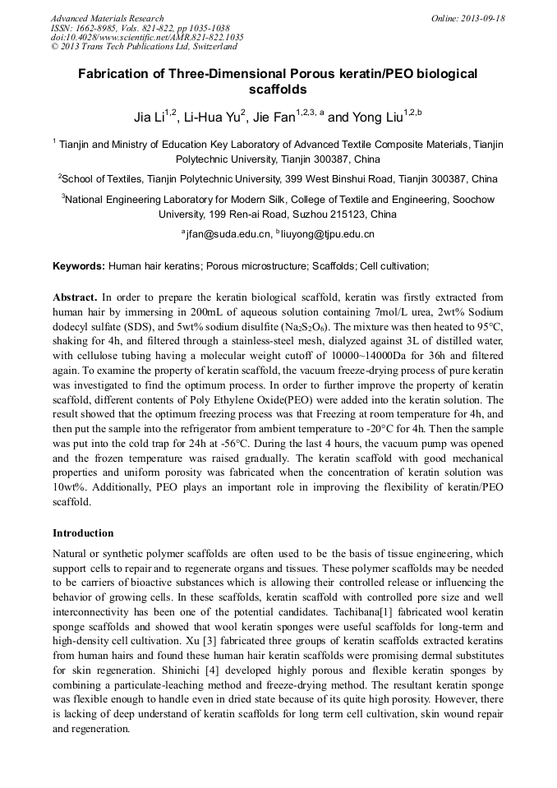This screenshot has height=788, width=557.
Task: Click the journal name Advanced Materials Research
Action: coord(107,18)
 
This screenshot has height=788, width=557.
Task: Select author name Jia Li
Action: coord(150,118)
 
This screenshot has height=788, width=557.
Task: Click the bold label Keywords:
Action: coord(79,266)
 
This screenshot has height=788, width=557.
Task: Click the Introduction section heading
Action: coord(83,533)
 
